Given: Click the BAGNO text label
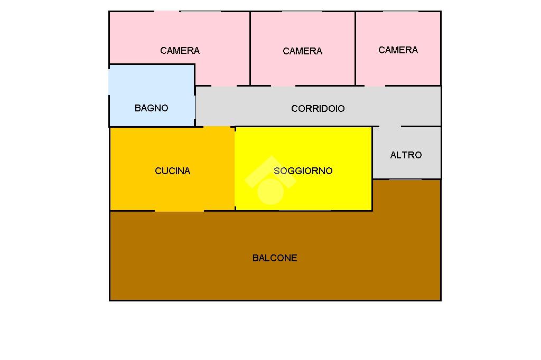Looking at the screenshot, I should (151, 108).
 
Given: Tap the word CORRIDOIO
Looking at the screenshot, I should (318, 109).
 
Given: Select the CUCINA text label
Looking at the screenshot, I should (172, 171).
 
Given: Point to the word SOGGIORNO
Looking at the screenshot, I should (303, 171).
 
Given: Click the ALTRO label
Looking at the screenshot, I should (406, 155).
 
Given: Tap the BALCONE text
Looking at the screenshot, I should (275, 258).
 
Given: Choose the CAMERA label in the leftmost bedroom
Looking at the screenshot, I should (180, 51).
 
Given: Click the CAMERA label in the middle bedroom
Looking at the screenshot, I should (302, 51).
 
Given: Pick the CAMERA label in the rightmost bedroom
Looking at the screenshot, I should (398, 50).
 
